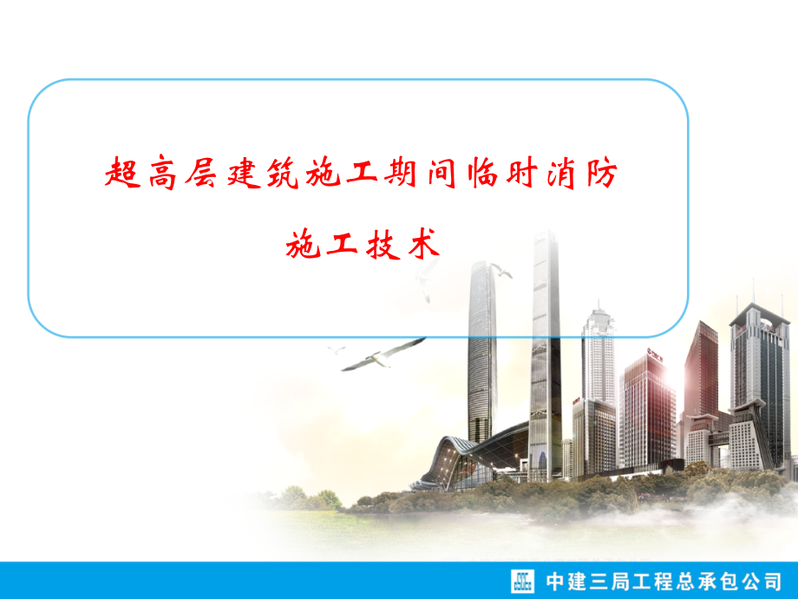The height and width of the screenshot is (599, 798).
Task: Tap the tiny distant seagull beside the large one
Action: [x=337, y=350]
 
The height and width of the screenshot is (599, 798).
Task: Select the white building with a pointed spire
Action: [x=598, y=356]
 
